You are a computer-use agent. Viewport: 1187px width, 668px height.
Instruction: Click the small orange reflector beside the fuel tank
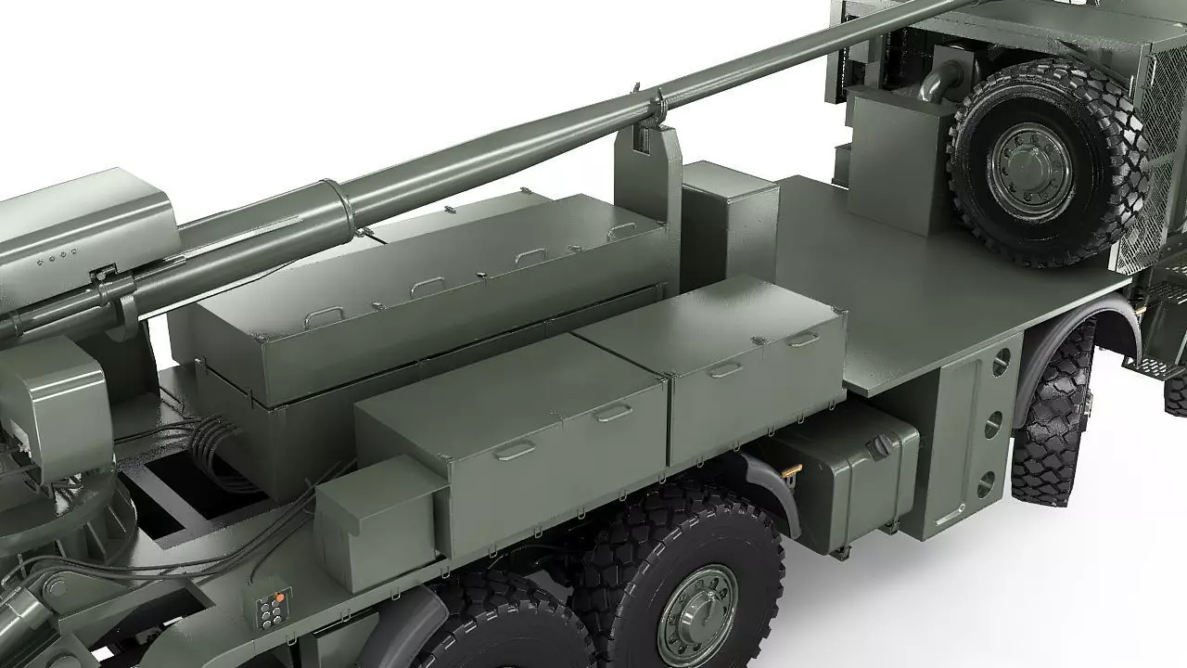click(788, 470)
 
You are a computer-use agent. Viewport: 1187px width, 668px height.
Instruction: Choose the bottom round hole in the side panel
click(986, 482)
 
